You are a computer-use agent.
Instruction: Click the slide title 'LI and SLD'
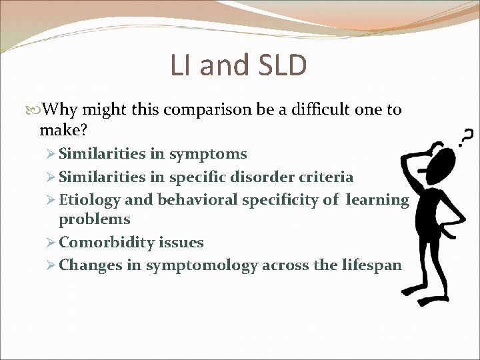(239, 66)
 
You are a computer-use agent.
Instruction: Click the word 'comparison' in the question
(214, 109)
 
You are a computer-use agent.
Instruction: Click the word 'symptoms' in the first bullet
(208, 155)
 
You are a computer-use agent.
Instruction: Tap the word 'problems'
(94, 219)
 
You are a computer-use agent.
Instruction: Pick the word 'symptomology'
(202, 265)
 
